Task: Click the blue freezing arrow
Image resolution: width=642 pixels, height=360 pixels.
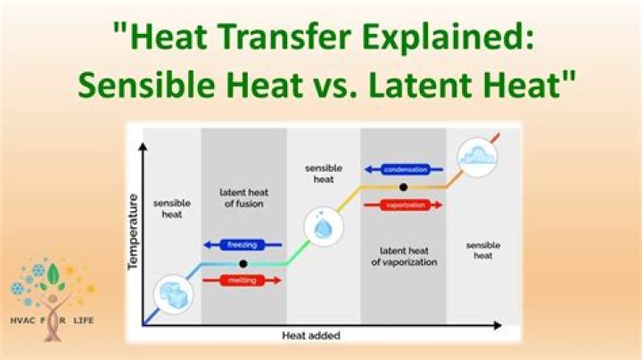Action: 243,244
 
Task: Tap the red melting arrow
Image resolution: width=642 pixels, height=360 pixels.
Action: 243,280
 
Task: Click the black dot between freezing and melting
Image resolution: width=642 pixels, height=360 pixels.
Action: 243,264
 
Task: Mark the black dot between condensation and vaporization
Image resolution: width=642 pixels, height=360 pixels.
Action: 404,187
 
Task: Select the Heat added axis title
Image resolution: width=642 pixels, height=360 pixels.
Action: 311,336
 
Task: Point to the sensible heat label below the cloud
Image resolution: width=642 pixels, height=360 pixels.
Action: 482,250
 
